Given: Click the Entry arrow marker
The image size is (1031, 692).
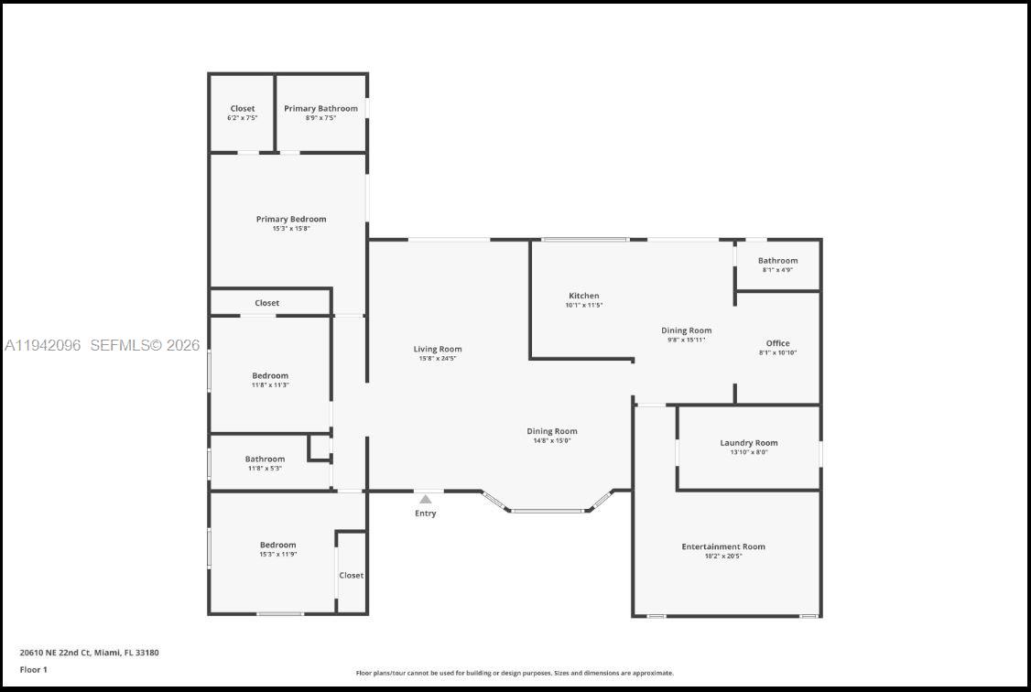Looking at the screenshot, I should (426, 499).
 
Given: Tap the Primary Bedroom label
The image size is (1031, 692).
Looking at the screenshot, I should (291, 219).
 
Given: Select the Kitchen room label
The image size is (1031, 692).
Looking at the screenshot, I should (584, 296).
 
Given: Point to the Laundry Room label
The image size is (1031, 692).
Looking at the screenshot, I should (749, 443).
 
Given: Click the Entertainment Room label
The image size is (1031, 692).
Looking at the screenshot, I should (723, 546).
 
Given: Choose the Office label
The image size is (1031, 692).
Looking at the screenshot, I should (778, 343).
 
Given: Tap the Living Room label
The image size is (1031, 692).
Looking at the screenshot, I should (438, 349).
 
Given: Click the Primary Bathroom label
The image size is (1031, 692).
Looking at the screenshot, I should (320, 108).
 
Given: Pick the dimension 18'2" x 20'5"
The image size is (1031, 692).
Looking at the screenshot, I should (723, 556).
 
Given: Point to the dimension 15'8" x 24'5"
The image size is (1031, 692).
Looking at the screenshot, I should (438, 358).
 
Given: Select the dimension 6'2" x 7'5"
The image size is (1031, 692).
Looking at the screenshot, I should (243, 118).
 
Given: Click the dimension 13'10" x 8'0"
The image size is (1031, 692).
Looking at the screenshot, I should (749, 452).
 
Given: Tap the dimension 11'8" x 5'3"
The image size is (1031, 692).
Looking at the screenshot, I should (265, 469).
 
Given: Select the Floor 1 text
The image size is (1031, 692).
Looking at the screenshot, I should (34, 669).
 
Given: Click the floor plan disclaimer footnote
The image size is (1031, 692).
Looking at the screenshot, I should (515, 673).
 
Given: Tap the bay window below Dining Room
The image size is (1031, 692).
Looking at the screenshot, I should (548, 510).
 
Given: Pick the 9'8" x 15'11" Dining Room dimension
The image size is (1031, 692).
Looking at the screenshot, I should (687, 340).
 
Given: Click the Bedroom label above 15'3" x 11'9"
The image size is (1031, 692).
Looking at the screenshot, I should (278, 545).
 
